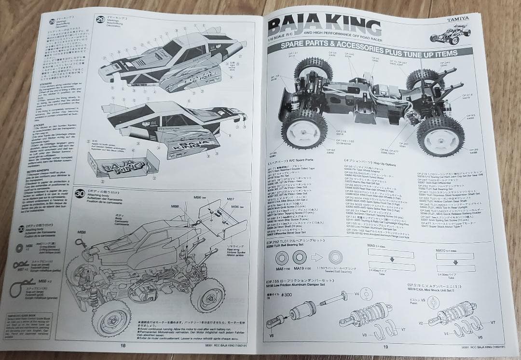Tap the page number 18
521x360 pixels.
pos(123,346)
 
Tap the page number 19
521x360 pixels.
pos(385,346)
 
